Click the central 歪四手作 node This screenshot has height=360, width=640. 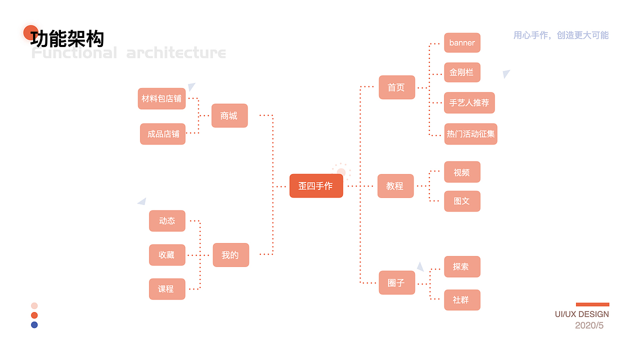(x=316, y=185)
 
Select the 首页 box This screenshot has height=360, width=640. (x=396, y=87)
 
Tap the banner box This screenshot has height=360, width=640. (x=462, y=42)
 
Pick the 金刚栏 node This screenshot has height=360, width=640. (x=462, y=72)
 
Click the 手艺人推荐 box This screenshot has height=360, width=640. (x=469, y=102)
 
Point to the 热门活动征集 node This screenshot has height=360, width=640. (x=470, y=134)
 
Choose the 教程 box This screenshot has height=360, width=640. (x=395, y=186)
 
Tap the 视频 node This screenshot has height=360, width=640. (x=462, y=172)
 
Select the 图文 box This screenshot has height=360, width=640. (x=462, y=201)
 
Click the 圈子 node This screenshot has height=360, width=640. (x=396, y=282)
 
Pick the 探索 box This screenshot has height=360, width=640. (x=462, y=266)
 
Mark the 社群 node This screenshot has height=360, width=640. (x=462, y=300)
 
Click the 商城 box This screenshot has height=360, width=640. (x=229, y=115)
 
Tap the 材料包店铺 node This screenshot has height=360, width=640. (x=161, y=98)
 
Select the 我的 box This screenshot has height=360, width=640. (x=231, y=255)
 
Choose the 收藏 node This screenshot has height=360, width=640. (x=167, y=255)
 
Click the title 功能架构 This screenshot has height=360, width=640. (x=67, y=38)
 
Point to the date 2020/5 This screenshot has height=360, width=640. (x=589, y=325)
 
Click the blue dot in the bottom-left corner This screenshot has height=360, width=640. (x=34, y=325)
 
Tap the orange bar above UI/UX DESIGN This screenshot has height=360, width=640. (x=592, y=304)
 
